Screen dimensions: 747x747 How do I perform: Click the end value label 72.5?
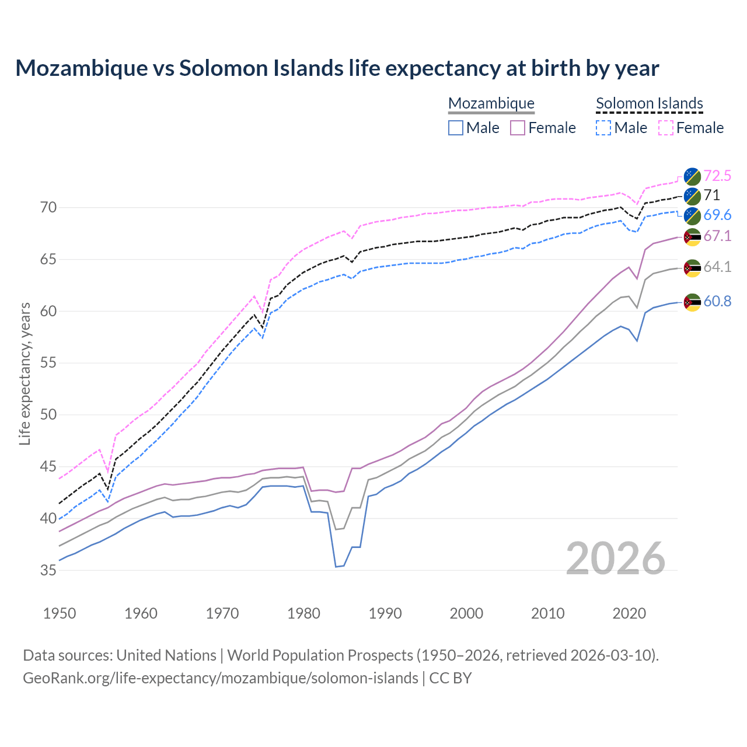click(717, 176)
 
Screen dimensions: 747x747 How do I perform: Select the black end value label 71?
click(711, 195)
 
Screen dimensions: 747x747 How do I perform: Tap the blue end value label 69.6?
click(717, 215)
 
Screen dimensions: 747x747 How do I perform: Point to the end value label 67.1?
click(717, 236)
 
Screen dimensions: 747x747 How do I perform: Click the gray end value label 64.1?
click(717, 267)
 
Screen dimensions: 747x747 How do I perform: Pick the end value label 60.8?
click(717, 301)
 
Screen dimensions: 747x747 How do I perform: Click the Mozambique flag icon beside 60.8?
click(692, 302)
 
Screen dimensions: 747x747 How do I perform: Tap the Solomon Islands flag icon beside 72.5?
click(692, 176)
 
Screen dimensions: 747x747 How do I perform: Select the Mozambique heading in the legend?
click(491, 103)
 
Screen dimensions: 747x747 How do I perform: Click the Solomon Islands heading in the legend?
click(649, 103)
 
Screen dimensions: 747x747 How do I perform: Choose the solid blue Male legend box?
click(456, 128)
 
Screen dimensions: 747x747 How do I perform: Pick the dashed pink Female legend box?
click(666, 128)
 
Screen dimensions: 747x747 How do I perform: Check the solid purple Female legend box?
click(518, 128)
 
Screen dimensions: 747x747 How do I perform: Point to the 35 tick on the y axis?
click(48, 570)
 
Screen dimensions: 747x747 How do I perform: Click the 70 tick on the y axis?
click(48, 207)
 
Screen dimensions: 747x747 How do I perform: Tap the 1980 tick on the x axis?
click(303, 613)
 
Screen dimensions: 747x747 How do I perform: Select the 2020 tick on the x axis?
click(629, 613)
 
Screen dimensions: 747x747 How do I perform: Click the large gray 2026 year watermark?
click(615, 558)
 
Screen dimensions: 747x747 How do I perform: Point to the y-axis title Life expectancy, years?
click(25, 373)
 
